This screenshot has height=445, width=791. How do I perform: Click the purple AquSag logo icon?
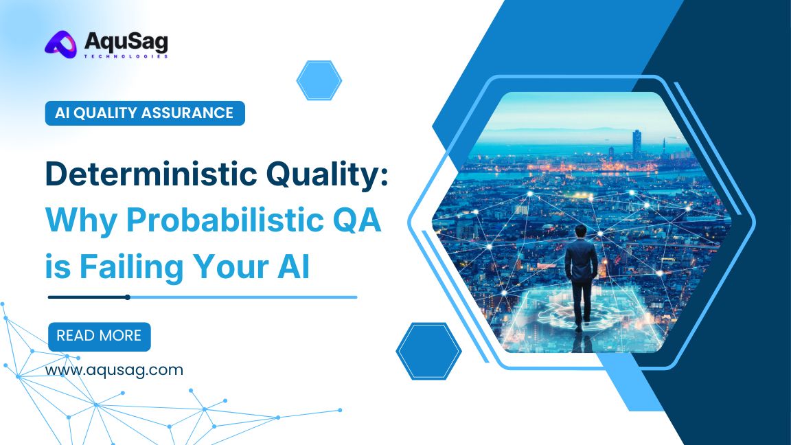(x=61, y=45)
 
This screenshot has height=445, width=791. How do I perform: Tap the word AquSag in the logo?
(x=126, y=42)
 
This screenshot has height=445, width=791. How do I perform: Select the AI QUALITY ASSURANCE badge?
(x=145, y=113)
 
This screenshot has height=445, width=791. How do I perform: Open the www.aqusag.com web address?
(x=114, y=370)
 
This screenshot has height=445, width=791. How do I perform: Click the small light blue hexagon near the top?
(x=319, y=80)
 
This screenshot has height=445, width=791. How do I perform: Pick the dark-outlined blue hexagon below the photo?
(x=428, y=351)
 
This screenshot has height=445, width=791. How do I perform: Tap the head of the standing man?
(x=582, y=231)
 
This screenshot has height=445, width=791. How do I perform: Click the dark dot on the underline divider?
(x=128, y=297)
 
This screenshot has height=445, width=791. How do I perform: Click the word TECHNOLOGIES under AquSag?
(x=126, y=57)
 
